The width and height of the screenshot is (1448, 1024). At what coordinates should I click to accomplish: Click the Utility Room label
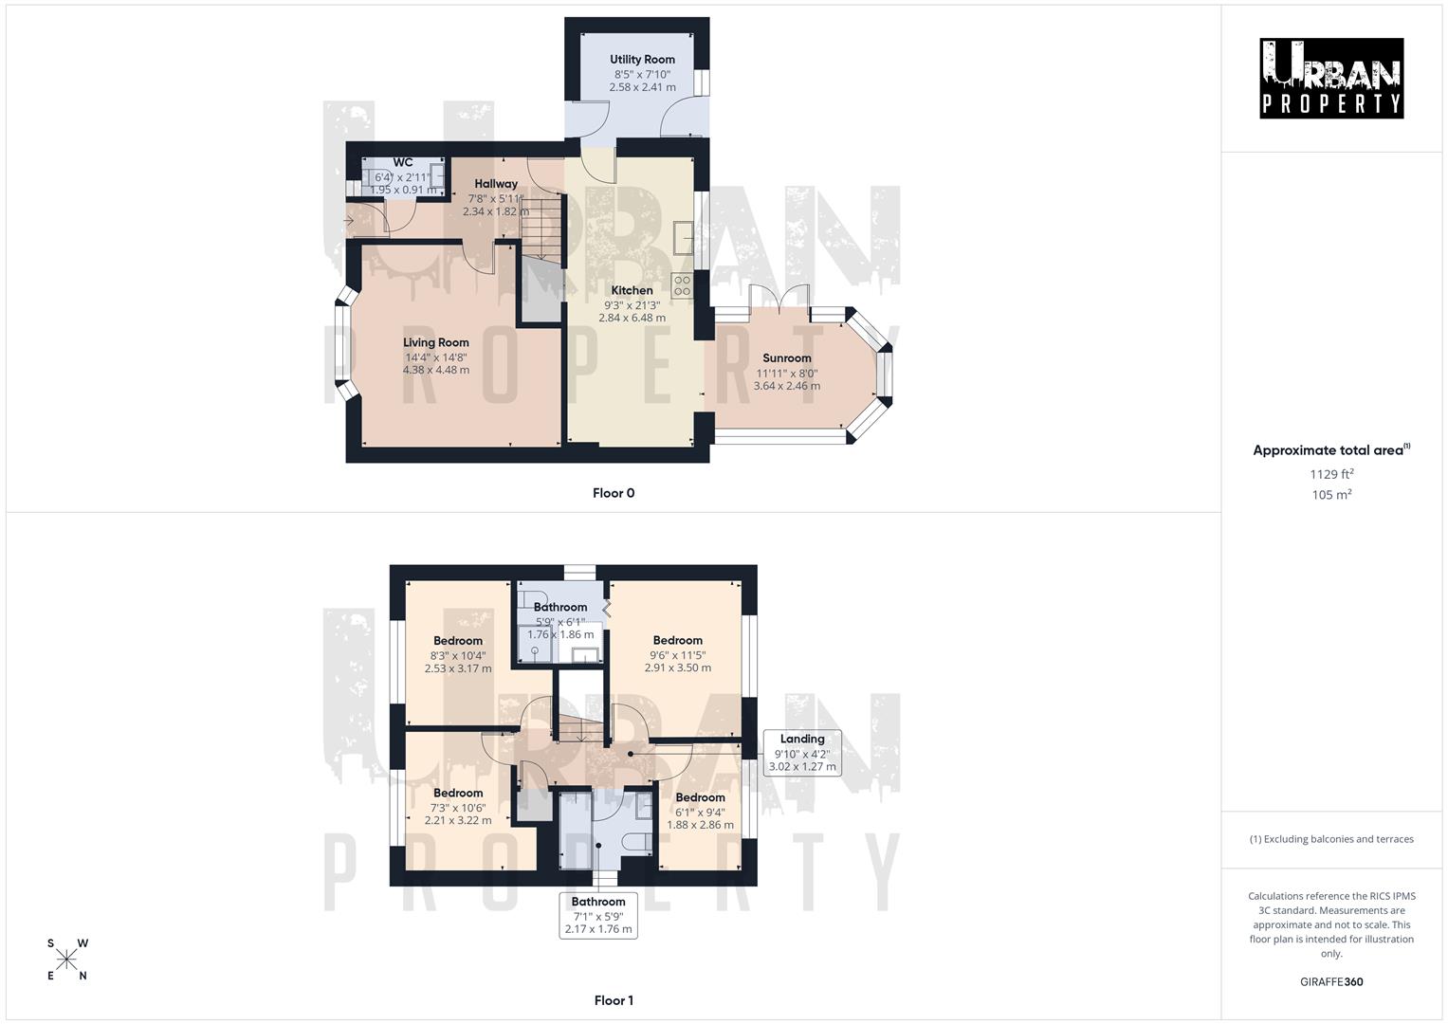tap(642, 60)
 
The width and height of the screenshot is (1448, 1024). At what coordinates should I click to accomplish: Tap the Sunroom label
tap(787, 358)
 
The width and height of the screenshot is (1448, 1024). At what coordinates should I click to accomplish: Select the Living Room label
tap(436, 343)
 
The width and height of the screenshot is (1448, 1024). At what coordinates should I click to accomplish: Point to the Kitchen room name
tap(632, 291)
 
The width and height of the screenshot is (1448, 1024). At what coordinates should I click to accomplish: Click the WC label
tap(402, 162)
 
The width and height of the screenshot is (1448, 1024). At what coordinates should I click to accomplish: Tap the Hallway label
tap(496, 184)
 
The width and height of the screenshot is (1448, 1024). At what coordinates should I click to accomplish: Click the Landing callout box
tap(802, 753)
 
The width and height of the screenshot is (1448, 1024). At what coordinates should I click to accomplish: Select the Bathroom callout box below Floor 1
tap(598, 915)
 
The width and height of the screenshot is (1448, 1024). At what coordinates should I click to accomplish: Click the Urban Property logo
tap(1331, 79)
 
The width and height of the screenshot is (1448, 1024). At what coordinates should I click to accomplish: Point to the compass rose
tap(66, 960)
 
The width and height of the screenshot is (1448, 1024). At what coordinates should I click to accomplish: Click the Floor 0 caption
tap(614, 493)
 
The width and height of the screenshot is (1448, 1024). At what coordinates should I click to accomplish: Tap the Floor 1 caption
tap(614, 1000)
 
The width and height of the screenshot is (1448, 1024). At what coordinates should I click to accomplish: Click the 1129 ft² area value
tap(1331, 474)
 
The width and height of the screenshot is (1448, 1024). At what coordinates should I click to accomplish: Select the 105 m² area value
tap(1331, 495)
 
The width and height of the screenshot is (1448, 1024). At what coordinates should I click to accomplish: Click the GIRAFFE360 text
tap(1331, 982)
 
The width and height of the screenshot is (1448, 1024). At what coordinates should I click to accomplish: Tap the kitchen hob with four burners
tap(682, 285)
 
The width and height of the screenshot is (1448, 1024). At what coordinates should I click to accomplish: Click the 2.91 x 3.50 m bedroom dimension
tap(677, 667)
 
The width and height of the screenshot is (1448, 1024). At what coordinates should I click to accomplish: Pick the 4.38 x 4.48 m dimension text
tap(436, 370)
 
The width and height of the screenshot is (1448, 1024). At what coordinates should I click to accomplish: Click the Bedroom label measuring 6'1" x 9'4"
tap(700, 798)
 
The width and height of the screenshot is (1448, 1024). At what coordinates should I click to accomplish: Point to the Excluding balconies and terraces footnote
tap(1331, 839)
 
